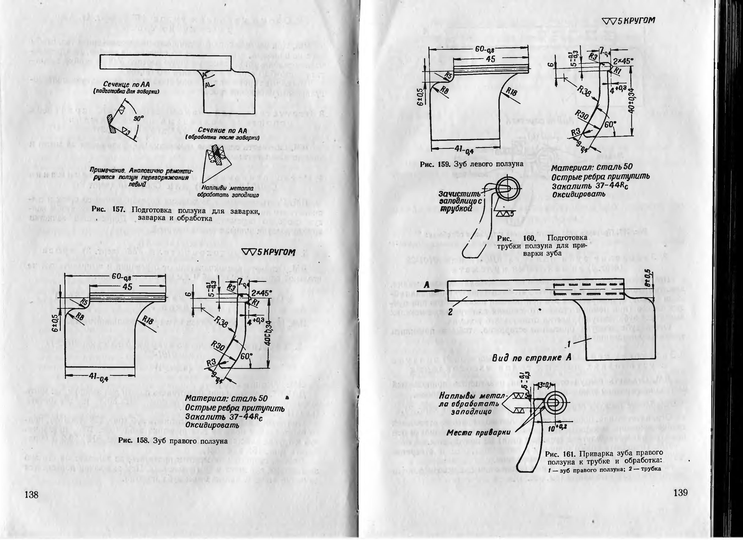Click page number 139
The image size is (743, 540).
680,493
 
